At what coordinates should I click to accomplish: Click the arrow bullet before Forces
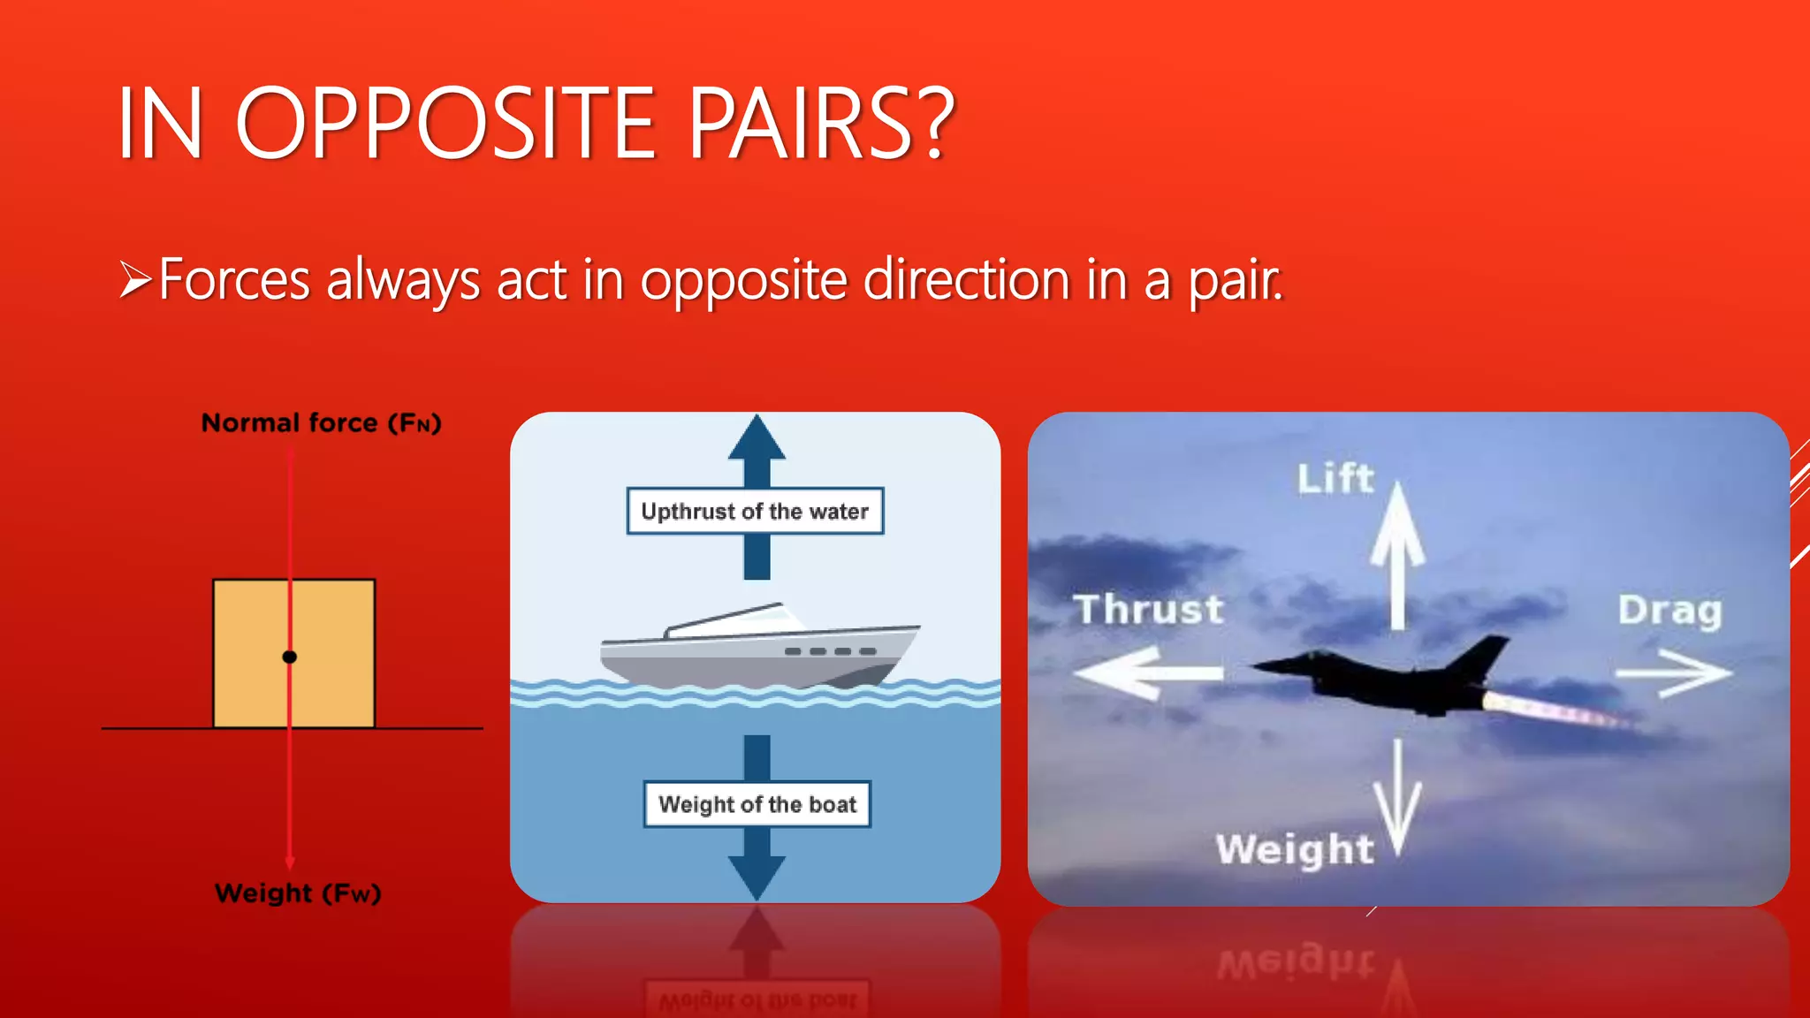coord(136,280)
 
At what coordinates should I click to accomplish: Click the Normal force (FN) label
coord(321,423)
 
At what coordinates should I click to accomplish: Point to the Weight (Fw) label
coord(298,893)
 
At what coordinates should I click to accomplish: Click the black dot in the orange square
coord(289,657)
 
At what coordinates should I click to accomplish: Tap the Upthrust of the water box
coord(755,511)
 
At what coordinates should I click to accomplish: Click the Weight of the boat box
coord(757,804)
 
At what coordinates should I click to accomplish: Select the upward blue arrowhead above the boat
coord(757,438)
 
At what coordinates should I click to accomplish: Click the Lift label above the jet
coord(1335,479)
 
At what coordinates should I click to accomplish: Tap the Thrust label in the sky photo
coord(1149,610)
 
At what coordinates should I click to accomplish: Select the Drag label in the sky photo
coord(1670,611)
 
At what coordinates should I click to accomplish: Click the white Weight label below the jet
coord(1295,849)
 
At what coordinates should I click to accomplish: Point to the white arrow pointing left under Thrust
coord(1145,673)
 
